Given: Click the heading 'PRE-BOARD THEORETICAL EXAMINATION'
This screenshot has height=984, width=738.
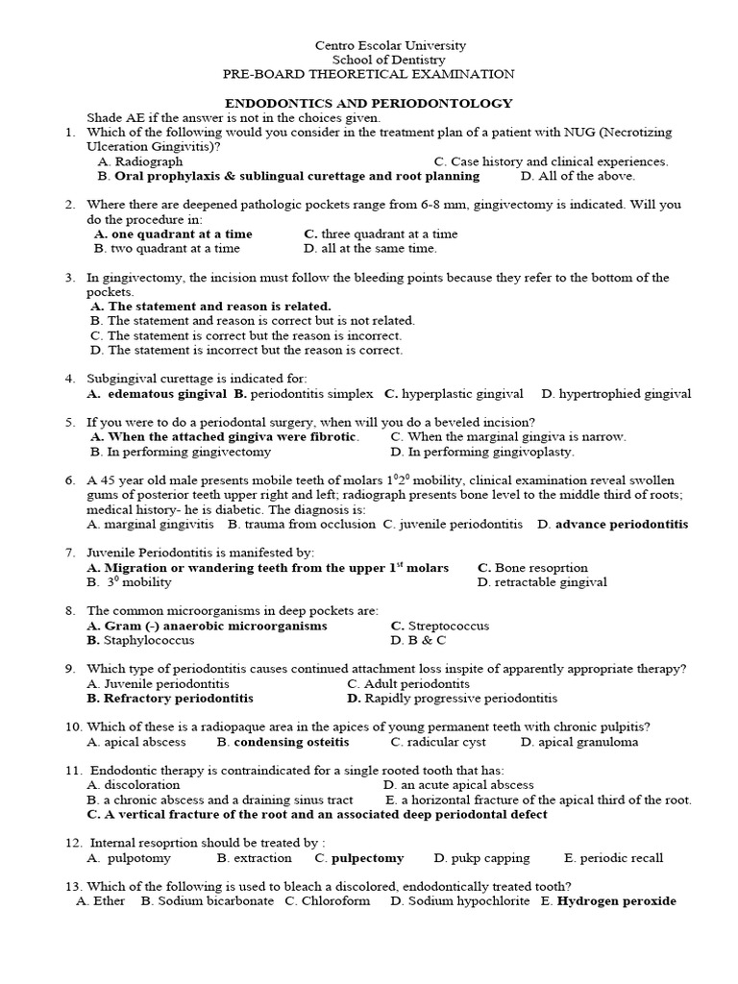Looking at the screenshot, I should pos(368,73).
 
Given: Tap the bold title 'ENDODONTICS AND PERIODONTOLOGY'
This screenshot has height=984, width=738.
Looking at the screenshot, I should pos(368,103).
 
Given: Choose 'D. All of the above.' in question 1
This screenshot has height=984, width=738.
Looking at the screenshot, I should pos(578,176).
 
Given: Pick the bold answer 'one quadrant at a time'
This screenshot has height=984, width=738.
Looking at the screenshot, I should pos(174,234).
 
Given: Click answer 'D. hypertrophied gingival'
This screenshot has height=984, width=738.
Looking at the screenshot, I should pos(616,394).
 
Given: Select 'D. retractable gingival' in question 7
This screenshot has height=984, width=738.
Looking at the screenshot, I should pos(542,581).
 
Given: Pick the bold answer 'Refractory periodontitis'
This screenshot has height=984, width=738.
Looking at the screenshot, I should pos(170,698).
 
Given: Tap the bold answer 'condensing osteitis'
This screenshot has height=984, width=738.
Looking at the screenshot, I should pos(283,742).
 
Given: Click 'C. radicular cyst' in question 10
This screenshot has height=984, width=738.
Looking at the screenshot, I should pos(438,742).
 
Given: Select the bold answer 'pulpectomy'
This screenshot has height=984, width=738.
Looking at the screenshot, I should pos(359,858).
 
